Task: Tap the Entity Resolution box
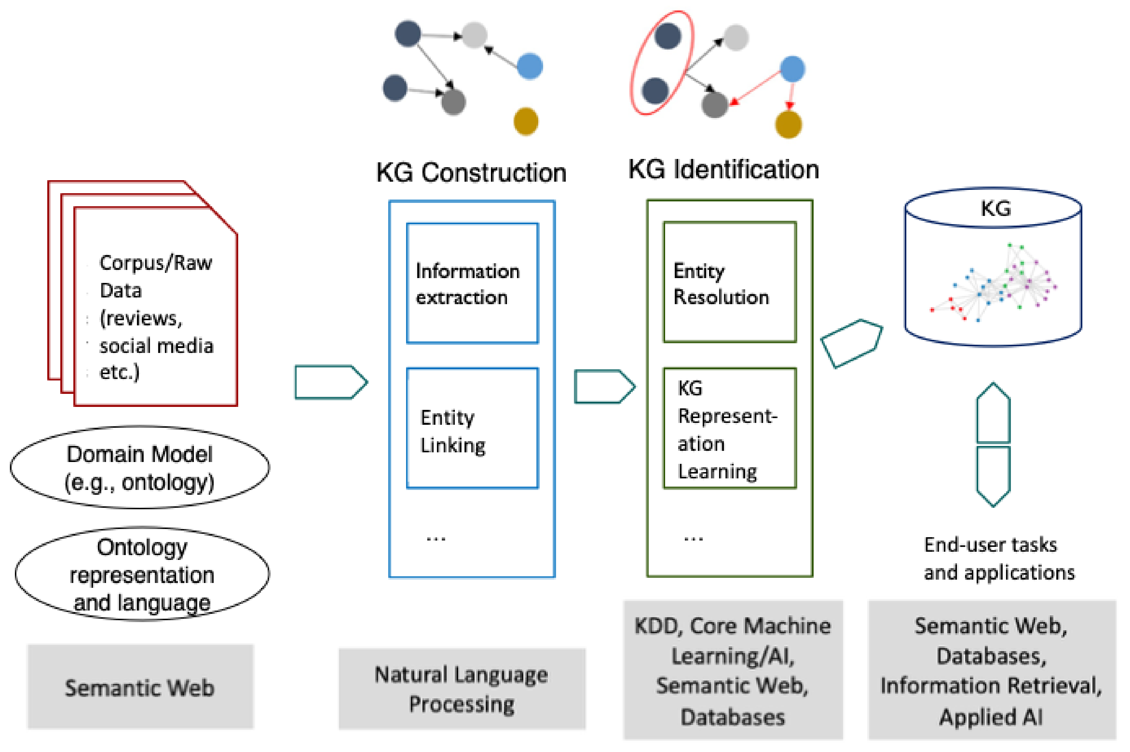(x=729, y=282)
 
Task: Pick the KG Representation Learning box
(x=729, y=428)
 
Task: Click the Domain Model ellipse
(x=140, y=467)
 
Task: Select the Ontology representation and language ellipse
(x=142, y=574)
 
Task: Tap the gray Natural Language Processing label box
(x=462, y=689)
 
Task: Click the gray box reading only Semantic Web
(x=140, y=687)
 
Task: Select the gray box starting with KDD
(x=732, y=670)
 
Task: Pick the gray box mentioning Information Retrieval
(x=992, y=670)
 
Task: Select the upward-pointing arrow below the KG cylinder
(x=993, y=413)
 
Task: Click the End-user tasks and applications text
(x=999, y=559)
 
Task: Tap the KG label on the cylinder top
(x=995, y=208)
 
